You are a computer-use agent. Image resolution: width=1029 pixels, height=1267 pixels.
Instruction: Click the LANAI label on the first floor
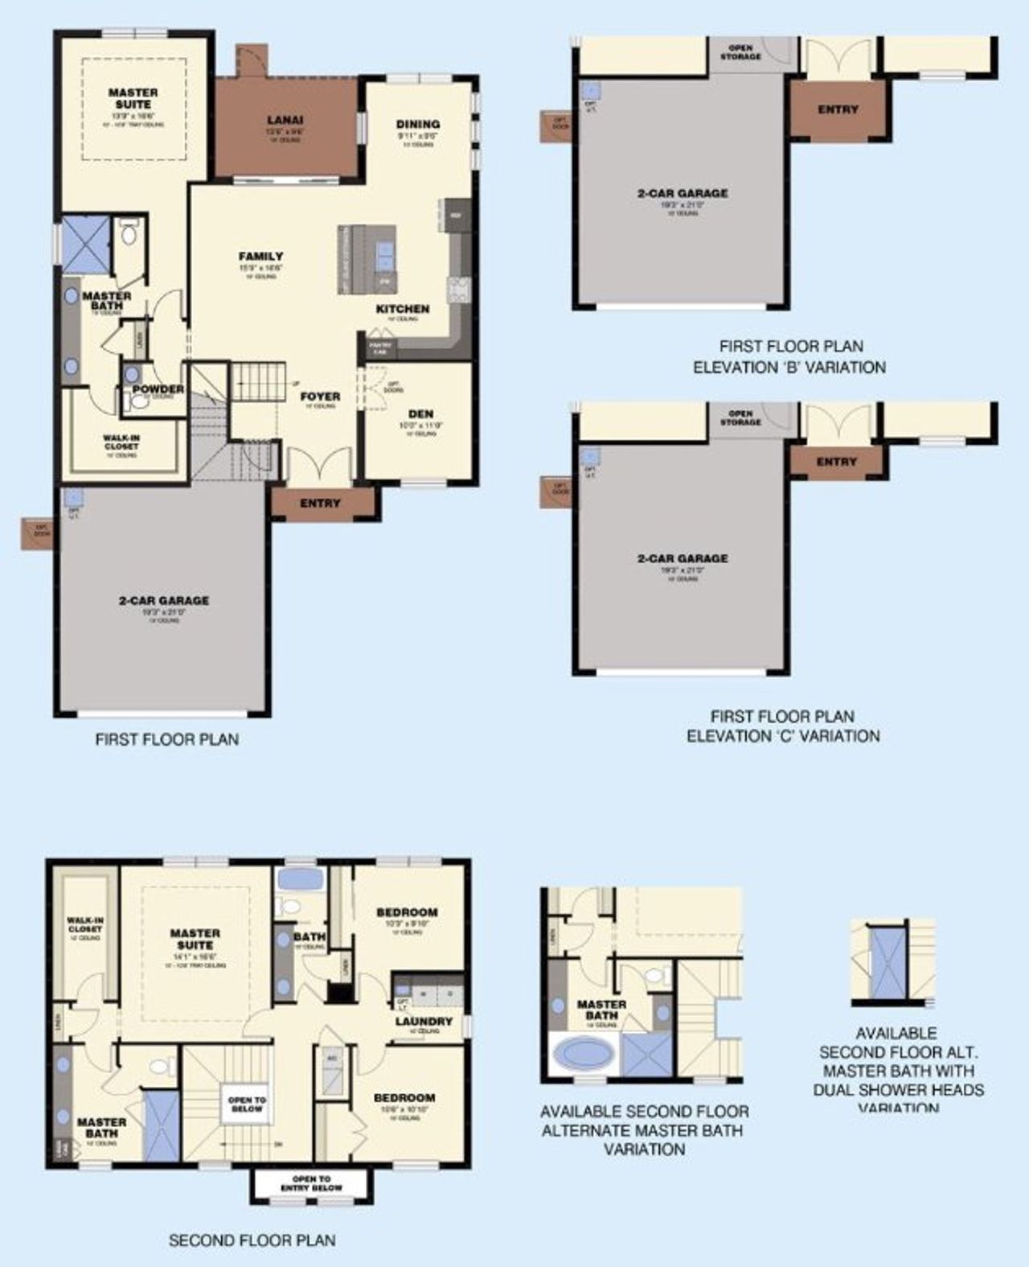click(285, 121)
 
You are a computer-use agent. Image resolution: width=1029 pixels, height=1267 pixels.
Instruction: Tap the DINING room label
click(417, 124)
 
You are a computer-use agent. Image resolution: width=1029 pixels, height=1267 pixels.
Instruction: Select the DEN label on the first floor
click(420, 414)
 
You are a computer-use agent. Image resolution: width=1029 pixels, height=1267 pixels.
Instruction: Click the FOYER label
click(320, 396)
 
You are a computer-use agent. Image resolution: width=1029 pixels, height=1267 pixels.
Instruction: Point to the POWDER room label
click(158, 389)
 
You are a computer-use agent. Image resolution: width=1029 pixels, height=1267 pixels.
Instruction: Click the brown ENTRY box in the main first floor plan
click(321, 504)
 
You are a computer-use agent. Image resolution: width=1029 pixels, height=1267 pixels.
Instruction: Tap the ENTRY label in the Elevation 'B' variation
click(838, 109)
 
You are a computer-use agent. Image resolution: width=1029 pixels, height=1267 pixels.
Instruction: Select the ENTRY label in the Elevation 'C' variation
click(836, 462)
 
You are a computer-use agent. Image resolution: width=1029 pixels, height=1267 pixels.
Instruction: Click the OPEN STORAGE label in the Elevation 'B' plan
click(740, 53)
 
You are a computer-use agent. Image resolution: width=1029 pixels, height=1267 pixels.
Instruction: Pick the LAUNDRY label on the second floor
click(424, 1022)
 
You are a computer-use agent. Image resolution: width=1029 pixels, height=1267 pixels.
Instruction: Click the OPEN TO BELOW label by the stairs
click(247, 1104)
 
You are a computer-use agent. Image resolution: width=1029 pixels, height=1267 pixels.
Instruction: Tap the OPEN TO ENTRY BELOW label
click(311, 1183)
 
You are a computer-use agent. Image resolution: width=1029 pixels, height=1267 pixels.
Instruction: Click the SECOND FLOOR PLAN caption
click(252, 1240)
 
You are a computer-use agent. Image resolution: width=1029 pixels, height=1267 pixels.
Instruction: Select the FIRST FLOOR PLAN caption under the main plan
click(167, 738)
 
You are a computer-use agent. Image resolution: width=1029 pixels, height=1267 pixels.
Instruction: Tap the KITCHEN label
click(403, 309)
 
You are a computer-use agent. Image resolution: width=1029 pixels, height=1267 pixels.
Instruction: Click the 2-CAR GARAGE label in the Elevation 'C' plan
click(683, 558)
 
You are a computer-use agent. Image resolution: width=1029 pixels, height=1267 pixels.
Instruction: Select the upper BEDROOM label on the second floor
click(407, 912)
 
